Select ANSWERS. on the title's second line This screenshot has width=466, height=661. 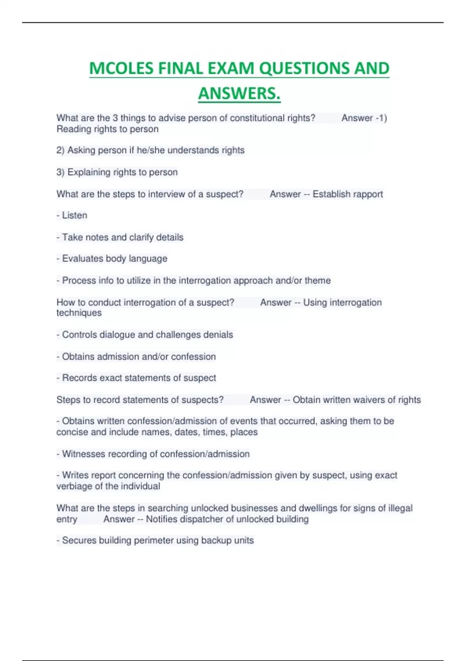point(239,94)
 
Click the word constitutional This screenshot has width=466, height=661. point(257,118)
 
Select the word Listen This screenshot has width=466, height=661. point(75,215)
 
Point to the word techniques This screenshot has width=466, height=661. point(79,313)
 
